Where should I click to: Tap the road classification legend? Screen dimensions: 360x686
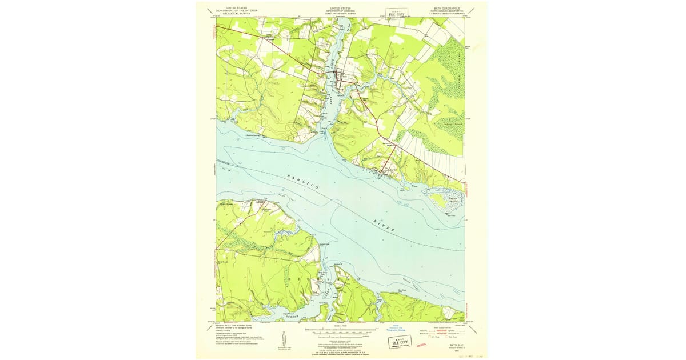coord(448,331)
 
